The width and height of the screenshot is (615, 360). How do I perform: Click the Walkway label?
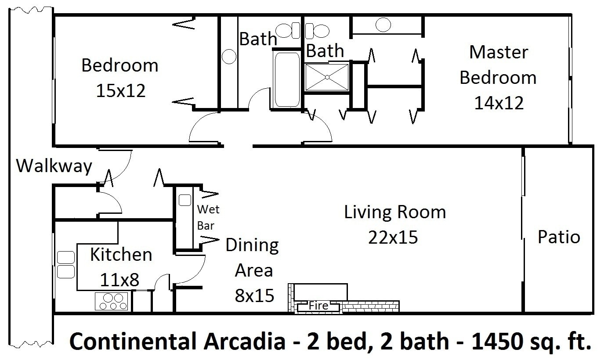coord(54,166)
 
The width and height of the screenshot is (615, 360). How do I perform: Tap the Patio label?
coord(559,237)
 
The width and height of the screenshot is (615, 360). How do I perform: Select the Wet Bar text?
coord(208,217)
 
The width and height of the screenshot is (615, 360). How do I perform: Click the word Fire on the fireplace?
coord(318,305)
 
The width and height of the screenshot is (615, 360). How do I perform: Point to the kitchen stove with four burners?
coord(112,301)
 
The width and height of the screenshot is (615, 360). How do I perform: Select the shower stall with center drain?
coord(327,78)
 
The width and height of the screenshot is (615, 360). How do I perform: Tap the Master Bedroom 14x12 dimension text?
coord(499,104)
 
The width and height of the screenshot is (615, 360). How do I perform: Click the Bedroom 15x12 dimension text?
coord(120,91)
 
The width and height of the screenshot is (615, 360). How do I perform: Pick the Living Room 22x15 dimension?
coord(393,238)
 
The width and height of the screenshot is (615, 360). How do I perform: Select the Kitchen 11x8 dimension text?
coord(120,280)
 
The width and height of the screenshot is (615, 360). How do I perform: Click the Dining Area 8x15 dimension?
coord(255,296)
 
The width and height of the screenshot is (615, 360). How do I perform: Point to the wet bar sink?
coord(185,200)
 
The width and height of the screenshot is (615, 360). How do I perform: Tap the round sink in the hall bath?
coord(228,56)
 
